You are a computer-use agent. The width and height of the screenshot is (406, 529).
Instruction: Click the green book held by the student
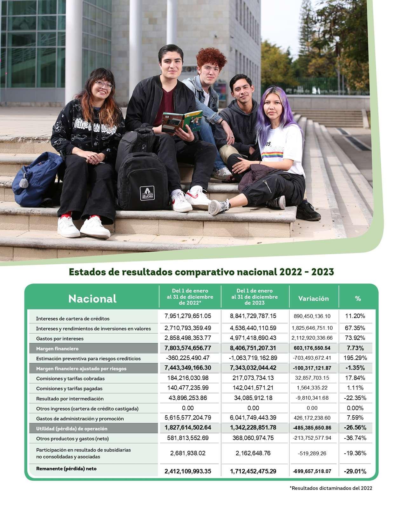tap(182, 121)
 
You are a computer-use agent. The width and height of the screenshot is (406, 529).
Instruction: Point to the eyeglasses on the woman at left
tap(104, 85)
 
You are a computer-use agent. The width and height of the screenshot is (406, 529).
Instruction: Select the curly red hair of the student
tap(211, 57)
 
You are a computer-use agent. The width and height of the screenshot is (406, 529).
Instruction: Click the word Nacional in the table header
tap(92, 299)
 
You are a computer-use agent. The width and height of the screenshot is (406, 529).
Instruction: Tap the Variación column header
tap(313, 299)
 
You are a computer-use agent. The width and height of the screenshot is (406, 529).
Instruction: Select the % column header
tap(358, 299)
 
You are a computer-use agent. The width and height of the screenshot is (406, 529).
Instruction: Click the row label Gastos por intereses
tap(60, 339)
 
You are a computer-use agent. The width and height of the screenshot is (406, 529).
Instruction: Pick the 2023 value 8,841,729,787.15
tap(253, 316)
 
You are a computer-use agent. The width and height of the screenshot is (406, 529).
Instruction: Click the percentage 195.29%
tap(355, 358)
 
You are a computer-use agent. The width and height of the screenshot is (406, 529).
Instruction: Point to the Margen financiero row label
tap(57, 349)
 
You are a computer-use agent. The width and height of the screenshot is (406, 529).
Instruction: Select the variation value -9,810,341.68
tap(312, 398)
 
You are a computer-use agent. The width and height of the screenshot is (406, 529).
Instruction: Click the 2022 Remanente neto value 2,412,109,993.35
tap(188, 471)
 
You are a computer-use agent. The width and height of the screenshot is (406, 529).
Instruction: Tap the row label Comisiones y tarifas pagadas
tap(69, 389)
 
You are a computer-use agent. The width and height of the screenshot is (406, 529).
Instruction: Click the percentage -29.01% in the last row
tap(355, 471)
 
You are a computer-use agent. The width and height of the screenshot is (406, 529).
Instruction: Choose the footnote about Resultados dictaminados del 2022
tap(331, 488)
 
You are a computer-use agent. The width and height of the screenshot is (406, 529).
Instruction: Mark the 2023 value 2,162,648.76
tap(253, 453)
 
